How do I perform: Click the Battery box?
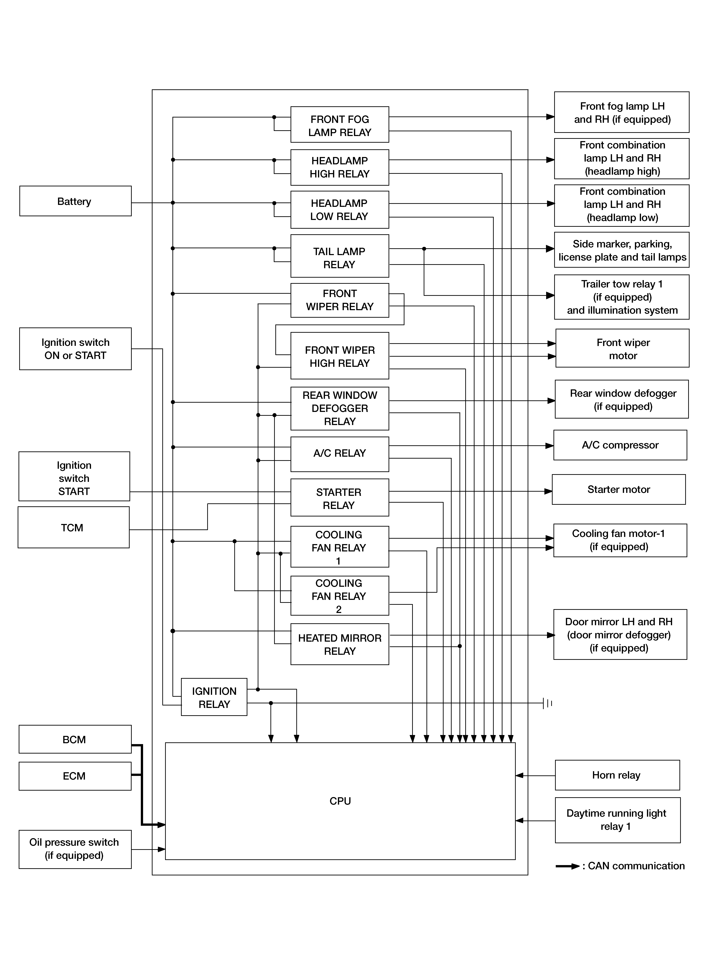(75, 201)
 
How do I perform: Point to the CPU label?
(340, 801)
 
